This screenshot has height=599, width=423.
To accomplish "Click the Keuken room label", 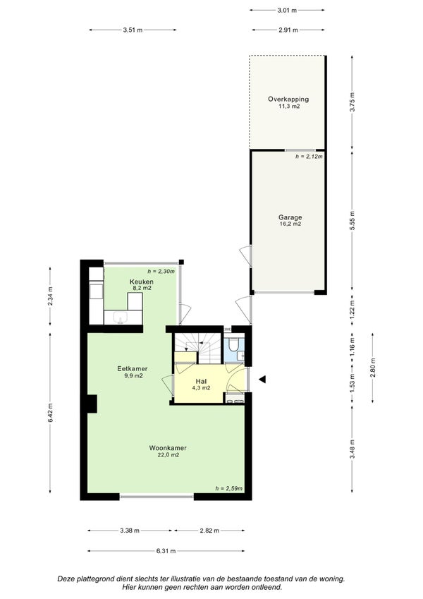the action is click(141, 282).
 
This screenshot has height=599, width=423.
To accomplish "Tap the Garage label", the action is click(290, 217).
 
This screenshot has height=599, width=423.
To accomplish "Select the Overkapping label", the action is click(288, 99).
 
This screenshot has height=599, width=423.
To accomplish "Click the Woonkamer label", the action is click(168, 448).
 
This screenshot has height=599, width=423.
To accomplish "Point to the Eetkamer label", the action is click(132, 369).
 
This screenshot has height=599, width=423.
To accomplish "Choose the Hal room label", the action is click(201, 381).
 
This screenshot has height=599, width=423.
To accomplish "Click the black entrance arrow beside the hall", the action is click(262, 380).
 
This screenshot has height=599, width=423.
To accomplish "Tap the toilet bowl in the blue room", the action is click(233, 344).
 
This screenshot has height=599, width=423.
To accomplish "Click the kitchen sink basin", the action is click(121, 317).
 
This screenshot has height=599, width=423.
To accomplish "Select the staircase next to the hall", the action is click(198, 348).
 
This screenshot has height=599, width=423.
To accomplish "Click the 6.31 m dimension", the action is click(166, 551).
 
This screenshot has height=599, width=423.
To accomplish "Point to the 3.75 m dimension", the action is click(352, 102).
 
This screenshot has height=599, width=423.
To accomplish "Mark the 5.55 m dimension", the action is click(352, 220).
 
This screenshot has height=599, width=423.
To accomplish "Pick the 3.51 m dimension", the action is click(133, 30).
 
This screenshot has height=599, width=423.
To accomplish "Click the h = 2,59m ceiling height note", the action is click(228, 488).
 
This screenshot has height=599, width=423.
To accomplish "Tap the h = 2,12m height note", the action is click(309, 156).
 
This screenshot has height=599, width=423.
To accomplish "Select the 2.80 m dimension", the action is click(373, 368).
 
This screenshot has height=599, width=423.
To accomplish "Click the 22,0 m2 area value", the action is click(168, 455).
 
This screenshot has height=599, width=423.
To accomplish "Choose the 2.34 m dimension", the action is click(50, 296).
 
